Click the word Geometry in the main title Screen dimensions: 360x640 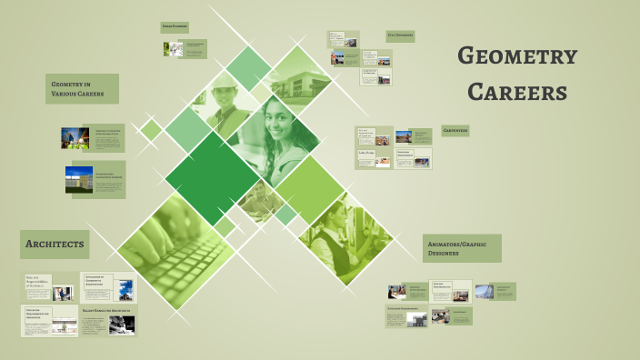pos(516,56)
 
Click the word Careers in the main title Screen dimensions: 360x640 pos(516,92)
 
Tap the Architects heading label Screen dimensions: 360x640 pos(55,245)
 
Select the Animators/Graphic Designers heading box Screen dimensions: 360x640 pos(462,248)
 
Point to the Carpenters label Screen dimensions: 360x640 pos(455,131)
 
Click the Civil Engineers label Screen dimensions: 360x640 pos(400,35)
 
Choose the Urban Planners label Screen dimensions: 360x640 pos(174,27)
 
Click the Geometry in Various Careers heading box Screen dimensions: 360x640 pos(82,88)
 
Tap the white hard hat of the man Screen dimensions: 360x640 pos(225,85)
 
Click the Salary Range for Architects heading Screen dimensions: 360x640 pos(108,311)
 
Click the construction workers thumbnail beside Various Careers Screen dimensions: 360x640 pos(75,138)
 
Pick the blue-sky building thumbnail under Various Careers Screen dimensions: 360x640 pos(78,179)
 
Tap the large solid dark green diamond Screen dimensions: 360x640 pos(212,176)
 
